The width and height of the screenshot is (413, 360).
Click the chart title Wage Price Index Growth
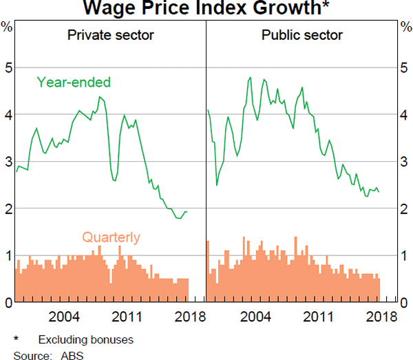(x=206, y=9)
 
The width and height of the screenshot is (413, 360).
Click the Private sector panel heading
(x=110, y=35)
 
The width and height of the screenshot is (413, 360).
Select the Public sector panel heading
(x=302, y=35)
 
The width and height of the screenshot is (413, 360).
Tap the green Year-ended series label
(x=74, y=83)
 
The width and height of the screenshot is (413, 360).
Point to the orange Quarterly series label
(x=111, y=238)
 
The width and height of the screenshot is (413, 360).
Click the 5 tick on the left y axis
(x=7, y=68)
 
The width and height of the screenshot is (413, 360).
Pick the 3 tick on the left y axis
(x=7, y=162)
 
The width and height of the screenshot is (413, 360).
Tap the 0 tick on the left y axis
(x=7, y=302)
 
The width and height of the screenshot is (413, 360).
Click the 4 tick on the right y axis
(x=405, y=115)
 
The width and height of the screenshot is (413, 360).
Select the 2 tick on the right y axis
(x=405, y=209)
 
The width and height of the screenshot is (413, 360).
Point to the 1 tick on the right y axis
(x=405, y=255)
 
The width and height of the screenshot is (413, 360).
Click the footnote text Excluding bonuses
(x=85, y=340)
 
